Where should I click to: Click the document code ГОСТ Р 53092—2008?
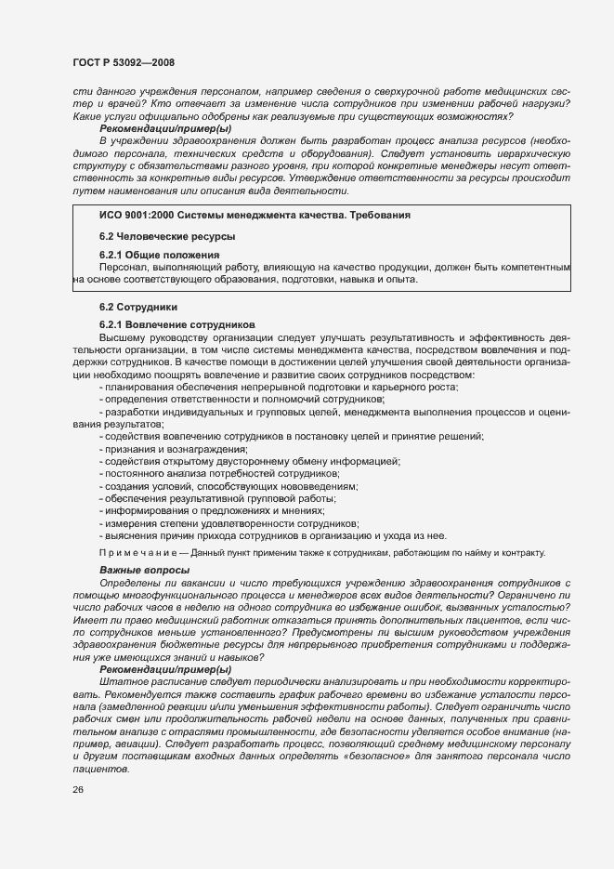[123, 63]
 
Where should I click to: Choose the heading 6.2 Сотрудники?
[138, 307]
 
